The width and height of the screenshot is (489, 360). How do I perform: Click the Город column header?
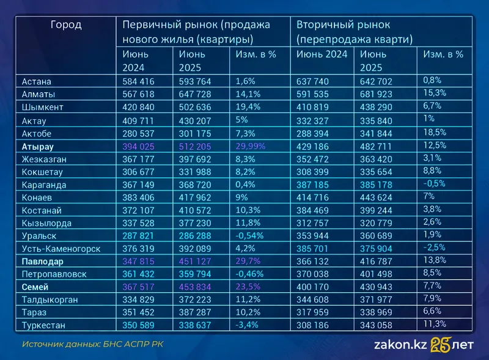[x=66, y=25]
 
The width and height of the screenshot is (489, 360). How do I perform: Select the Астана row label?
[x=36, y=81]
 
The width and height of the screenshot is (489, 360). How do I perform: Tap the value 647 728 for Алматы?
[x=194, y=94]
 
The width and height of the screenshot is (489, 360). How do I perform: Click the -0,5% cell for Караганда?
[x=434, y=183]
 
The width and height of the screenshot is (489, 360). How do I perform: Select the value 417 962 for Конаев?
[x=194, y=197]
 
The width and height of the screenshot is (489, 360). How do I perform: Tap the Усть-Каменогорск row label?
[x=61, y=249]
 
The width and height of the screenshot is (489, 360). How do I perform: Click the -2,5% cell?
[x=434, y=248]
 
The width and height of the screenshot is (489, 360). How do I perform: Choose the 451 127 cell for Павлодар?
[x=194, y=262]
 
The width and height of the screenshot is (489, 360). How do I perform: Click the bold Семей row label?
[x=36, y=287]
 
